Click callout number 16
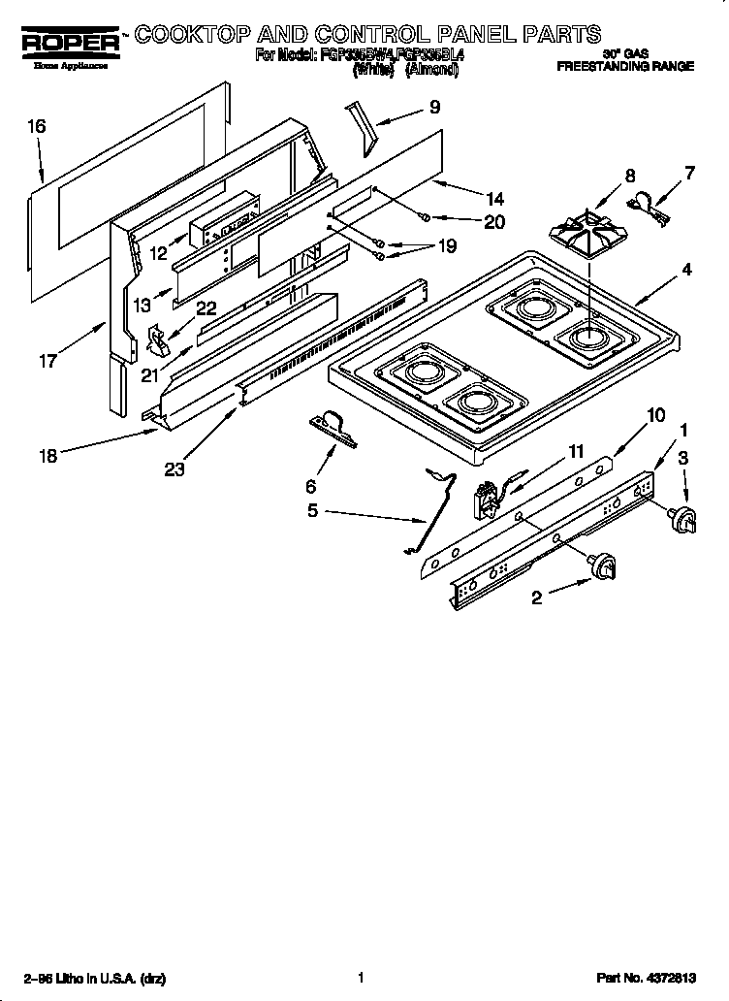click(x=36, y=126)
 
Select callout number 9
click(x=434, y=108)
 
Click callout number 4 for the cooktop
click(x=686, y=271)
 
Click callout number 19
click(x=446, y=246)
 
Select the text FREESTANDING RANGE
click(x=624, y=68)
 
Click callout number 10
click(x=656, y=416)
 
